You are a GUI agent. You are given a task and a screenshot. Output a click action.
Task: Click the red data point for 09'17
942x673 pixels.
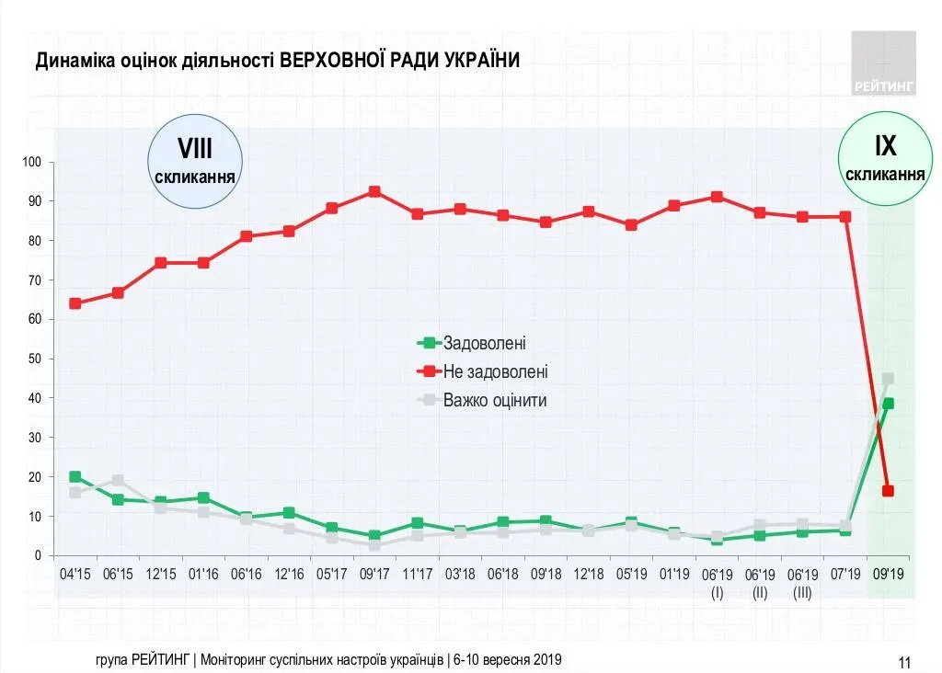(x=374, y=192)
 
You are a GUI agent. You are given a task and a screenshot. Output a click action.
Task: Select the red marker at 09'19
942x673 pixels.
(x=888, y=491)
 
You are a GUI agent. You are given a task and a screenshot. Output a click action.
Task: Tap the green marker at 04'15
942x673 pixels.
(x=75, y=477)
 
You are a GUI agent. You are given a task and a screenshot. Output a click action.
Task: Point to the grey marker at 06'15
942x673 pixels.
(x=118, y=480)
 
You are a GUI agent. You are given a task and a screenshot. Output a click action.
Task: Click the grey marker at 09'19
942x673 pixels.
(x=888, y=379)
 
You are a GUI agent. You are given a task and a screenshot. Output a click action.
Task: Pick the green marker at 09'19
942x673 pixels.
(x=888, y=404)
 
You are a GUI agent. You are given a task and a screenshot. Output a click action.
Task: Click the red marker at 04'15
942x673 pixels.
(x=75, y=303)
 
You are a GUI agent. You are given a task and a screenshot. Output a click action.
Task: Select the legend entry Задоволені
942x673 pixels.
(x=484, y=343)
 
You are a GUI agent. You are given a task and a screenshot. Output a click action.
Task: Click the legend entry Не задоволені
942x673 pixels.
(x=495, y=371)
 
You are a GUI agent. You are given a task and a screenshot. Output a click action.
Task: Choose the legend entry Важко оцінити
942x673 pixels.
(x=495, y=400)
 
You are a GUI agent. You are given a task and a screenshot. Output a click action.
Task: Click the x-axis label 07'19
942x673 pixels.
(x=845, y=574)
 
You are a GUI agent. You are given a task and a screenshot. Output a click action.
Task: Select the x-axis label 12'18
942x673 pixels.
(x=589, y=574)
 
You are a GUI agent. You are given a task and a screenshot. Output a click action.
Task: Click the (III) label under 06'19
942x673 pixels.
(x=802, y=593)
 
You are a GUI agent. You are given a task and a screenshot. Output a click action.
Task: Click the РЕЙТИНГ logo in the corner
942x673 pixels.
(x=883, y=63)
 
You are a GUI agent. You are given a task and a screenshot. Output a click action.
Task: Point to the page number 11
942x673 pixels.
(x=903, y=662)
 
